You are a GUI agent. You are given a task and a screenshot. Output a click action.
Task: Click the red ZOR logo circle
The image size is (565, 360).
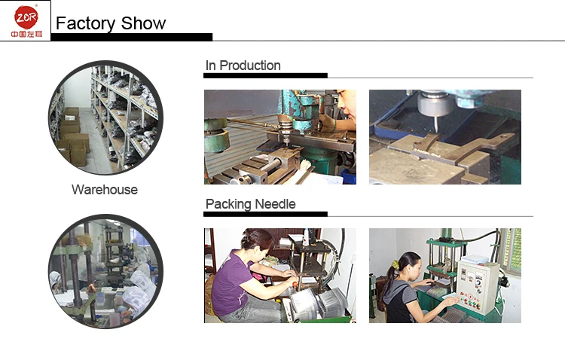coord(26,17)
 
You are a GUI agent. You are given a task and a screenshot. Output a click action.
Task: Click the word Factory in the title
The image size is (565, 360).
coord(85,24)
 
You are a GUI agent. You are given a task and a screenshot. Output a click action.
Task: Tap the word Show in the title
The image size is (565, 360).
coord(143,23)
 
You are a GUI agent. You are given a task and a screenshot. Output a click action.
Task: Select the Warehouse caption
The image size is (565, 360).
coord(105,190)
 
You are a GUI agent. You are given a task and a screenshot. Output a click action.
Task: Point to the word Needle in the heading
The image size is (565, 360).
coord(275,204)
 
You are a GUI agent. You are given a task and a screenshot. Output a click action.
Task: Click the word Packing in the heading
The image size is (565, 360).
coord(228,204)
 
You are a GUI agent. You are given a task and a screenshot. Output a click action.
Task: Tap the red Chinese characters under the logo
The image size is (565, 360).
coord(26,34)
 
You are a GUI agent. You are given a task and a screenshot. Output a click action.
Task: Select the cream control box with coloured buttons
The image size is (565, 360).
coord(478,287)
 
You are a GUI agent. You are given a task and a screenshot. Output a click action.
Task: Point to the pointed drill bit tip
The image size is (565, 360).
coord(436,130)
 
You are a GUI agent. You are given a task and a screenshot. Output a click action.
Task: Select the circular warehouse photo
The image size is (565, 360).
coord(105,117)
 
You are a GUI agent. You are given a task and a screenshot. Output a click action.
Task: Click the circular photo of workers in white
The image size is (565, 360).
coord(105,271)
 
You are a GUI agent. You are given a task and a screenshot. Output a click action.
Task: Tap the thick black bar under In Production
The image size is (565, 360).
coord(266,75)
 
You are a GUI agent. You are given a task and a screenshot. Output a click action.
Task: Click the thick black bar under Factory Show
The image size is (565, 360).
coord(132,37)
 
